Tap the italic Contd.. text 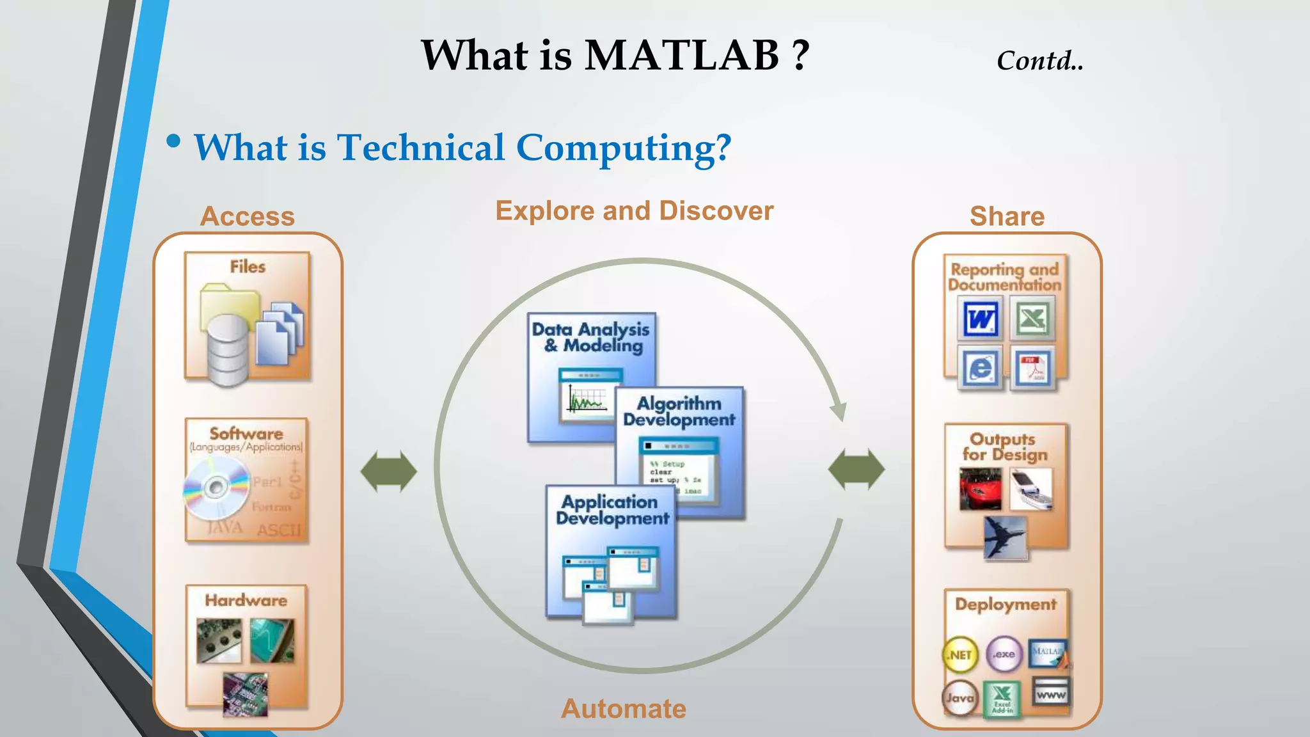[1039, 61]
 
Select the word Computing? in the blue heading [623, 148]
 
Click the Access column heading [248, 216]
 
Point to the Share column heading [1007, 216]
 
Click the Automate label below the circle [623, 709]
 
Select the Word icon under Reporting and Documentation [980, 318]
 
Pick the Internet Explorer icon [980, 368]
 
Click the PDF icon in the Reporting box [1032, 368]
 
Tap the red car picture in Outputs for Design [980, 489]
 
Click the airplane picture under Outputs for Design [1005, 537]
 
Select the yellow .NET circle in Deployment [959, 654]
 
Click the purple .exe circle [1004, 654]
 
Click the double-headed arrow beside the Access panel [388, 472]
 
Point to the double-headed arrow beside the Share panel [856, 470]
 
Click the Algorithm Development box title [679, 411]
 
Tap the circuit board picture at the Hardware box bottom [246, 694]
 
